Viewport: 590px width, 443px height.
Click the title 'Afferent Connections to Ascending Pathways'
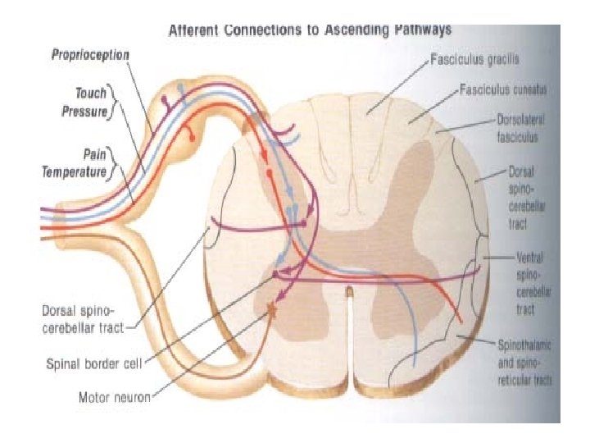310,32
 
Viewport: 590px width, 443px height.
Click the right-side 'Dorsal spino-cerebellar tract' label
516,198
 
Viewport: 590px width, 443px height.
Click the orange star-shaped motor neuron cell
270,309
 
